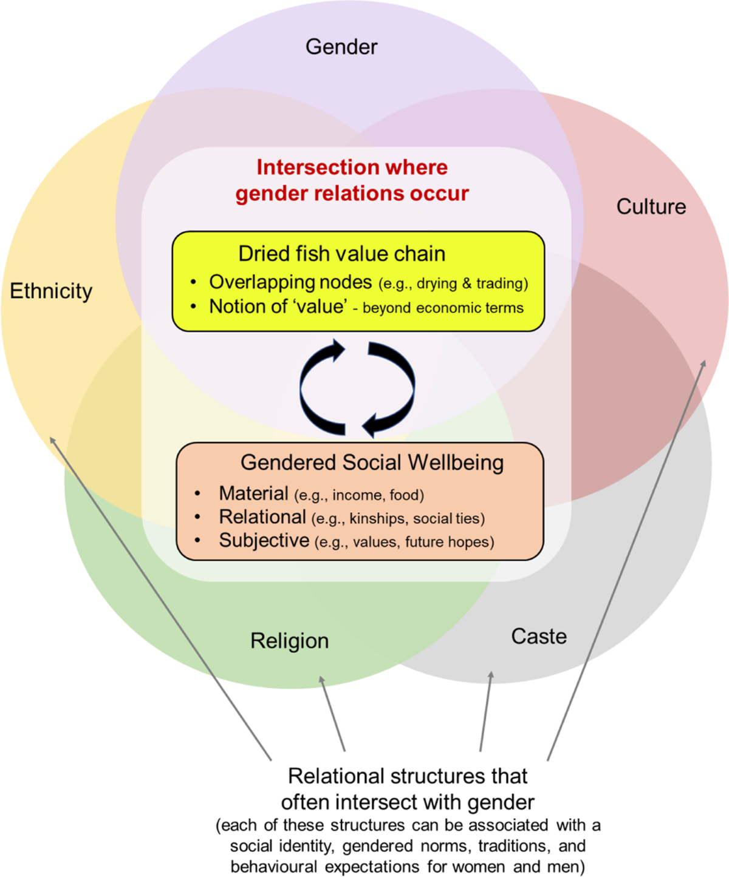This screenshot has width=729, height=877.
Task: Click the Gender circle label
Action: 341,47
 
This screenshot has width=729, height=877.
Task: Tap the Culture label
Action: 651,206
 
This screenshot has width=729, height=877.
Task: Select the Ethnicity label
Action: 51,291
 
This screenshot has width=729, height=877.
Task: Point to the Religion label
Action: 289,641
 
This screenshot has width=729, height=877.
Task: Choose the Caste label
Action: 539,636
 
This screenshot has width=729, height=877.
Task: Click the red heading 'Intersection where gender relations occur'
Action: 352,180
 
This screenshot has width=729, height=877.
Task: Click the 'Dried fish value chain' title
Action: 341,254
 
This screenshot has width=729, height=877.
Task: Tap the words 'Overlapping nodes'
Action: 290,282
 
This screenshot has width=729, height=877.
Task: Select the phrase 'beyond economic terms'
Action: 443,308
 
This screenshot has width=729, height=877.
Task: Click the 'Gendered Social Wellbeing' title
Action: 372,462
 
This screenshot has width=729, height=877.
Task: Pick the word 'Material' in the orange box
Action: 253,493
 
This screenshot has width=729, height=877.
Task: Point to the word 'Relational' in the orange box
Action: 262,517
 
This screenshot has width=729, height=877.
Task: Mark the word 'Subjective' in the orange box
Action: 264,540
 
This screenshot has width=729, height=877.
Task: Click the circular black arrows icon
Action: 357,388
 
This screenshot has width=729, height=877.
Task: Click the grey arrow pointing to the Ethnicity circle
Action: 161,598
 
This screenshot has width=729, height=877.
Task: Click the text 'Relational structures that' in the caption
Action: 407,776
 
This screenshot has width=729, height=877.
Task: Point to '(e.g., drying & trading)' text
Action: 453,283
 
